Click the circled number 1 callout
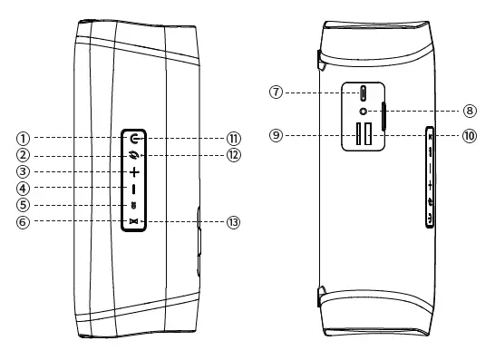(x=23, y=139)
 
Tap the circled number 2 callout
(x=23, y=155)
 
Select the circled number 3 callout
(x=23, y=171)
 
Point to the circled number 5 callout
(x=23, y=205)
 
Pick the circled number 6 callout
(x=23, y=221)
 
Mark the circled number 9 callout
(x=277, y=135)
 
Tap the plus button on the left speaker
(x=133, y=171)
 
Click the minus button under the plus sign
(x=133, y=189)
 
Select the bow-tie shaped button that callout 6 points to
(x=133, y=221)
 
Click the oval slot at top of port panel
(x=364, y=92)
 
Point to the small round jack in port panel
(x=364, y=112)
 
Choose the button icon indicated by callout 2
(x=133, y=155)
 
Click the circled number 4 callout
(x=23, y=189)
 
